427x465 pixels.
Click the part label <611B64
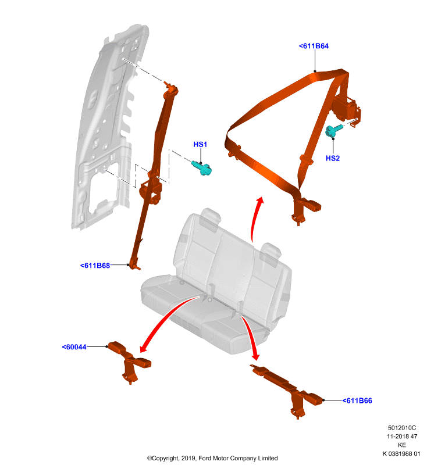tap(314, 46)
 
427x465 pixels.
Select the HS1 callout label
tap(200, 144)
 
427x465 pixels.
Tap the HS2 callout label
tap(333, 158)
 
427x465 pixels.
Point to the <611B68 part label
tap(95, 266)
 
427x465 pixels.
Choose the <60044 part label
tap(74, 347)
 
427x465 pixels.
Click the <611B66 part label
tap(357, 400)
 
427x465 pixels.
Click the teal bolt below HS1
tap(201, 168)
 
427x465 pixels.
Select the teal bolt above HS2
tap(334, 130)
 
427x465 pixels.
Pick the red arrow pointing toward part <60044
tap(166, 314)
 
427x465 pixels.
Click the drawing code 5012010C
tap(402, 428)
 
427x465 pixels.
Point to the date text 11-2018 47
tap(402, 437)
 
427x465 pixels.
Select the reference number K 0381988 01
tap(401, 454)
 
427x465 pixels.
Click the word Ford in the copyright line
tap(205, 459)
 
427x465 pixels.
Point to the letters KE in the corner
tap(402, 445)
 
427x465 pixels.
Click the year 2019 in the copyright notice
tap(188, 459)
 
